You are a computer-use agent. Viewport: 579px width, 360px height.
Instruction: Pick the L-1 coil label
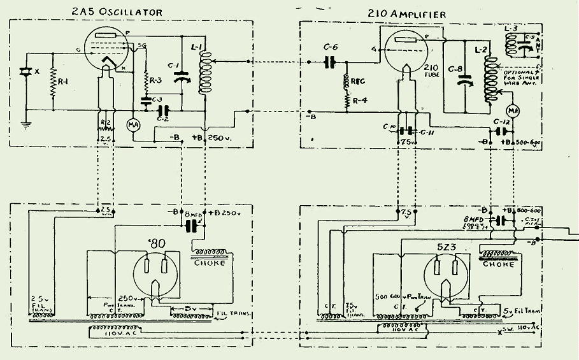pyautogui.click(x=196, y=48)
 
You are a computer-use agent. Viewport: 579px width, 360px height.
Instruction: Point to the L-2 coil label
pyautogui.click(x=482, y=48)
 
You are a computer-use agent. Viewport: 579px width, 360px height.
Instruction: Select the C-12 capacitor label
pyautogui.click(x=501, y=122)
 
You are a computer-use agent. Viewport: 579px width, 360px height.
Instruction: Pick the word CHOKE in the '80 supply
pyautogui.click(x=210, y=263)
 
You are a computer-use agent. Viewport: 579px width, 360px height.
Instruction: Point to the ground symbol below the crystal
pyautogui.click(x=26, y=125)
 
